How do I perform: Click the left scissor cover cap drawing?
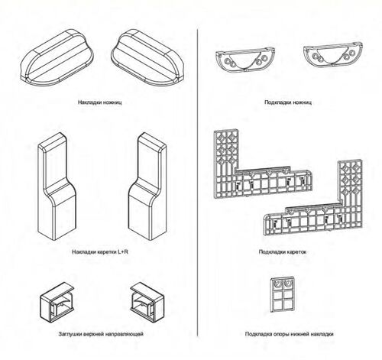click(x=57, y=58)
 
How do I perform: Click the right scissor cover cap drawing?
click(x=147, y=58)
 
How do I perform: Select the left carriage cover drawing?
click(x=57, y=186)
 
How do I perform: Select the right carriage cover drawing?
click(x=147, y=186)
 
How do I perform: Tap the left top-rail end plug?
click(x=57, y=301)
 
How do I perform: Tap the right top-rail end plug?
click(x=147, y=301)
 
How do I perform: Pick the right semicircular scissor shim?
click(x=333, y=56)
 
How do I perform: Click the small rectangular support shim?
click(x=283, y=294)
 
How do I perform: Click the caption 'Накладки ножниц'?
click(x=100, y=102)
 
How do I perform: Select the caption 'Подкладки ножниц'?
click(x=288, y=102)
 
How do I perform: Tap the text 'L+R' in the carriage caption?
click(x=123, y=252)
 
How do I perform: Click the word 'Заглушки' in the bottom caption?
click(x=70, y=334)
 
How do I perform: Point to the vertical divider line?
click(x=198, y=183)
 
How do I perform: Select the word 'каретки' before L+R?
click(x=106, y=252)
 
